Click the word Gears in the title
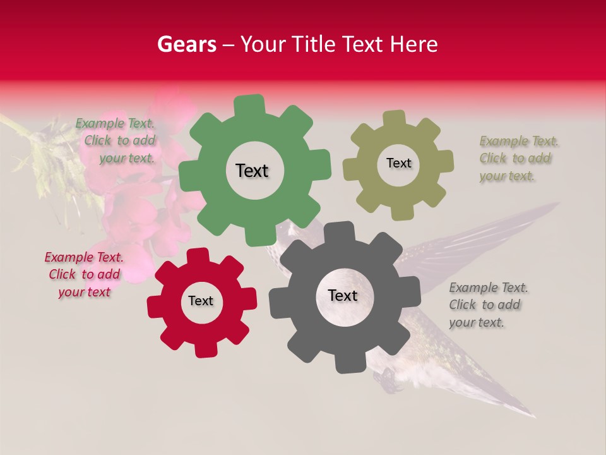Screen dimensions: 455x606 pos(187,44)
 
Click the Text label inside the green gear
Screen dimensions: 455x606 pos(252,171)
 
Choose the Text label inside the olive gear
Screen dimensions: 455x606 pos(398,163)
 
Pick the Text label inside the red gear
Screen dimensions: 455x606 pos(201,301)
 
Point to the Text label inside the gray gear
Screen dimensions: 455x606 pos(343,296)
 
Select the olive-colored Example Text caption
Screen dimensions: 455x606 pos(518,159)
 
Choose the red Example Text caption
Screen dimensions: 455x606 pos(84,275)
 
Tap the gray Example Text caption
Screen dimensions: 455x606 pos(487,305)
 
